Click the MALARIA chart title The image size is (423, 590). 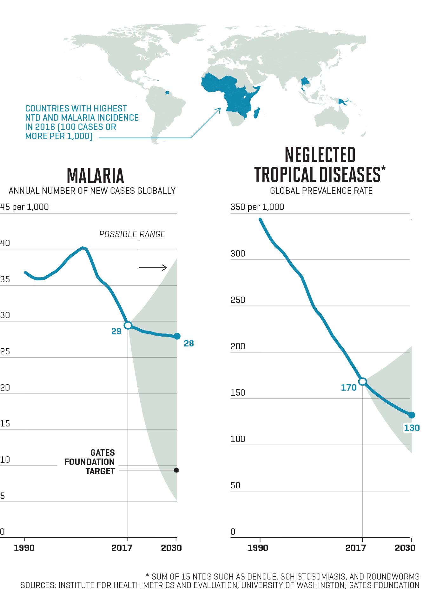(x=95, y=176)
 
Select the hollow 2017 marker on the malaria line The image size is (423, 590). (x=128, y=325)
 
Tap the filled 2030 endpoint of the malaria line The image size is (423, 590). (x=177, y=336)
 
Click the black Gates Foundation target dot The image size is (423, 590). (x=176, y=470)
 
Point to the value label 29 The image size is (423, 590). (x=116, y=332)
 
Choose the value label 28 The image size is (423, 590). (x=189, y=344)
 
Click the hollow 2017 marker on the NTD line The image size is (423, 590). (x=362, y=381)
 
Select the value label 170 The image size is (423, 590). (x=349, y=388)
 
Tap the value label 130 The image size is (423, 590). (x=412, y=428)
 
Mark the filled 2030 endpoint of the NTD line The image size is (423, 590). (x=412, y=415)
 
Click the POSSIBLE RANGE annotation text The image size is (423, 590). (x=132, y=234)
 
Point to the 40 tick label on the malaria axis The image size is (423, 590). (x=5, y=243)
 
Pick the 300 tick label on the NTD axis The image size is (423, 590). (x=238, y=254)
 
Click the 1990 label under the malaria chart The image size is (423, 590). (x=24, y=548)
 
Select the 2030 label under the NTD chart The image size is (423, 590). (x=405, y=548)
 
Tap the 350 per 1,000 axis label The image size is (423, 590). (x=257, y=207)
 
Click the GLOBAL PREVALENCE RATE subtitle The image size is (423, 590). (x=321, y=191)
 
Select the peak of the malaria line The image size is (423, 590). (x=83, y=248)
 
